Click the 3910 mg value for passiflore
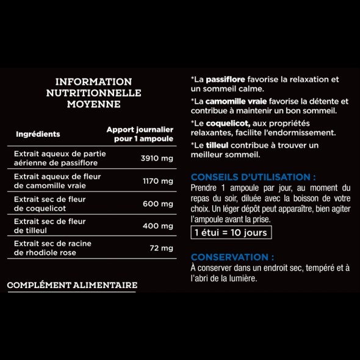(x=157, y=159)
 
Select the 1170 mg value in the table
(x=158, y=181)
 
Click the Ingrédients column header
(x=38, y=134)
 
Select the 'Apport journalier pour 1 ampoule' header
(x=140, y=134)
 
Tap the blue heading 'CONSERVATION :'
(x=232, y=257)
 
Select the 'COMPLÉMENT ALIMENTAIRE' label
(x=72, y=285)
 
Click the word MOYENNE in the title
(x=93, y=104)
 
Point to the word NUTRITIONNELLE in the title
(x=93, y=93)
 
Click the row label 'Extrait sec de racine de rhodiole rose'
(x=53, y=248)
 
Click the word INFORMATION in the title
(x=93, y=81)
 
